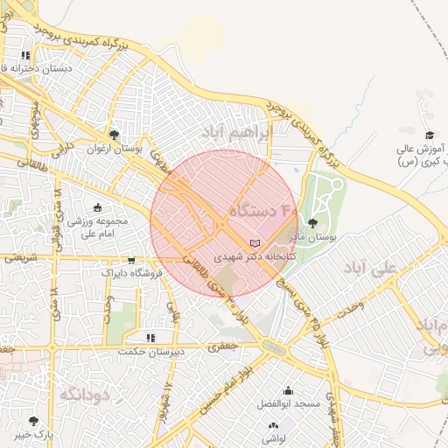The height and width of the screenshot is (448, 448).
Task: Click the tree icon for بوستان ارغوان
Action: (x=114, y=134)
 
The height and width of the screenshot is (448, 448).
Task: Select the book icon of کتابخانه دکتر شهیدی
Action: (x=255, y=243)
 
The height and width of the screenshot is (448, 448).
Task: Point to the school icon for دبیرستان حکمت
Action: (x=150, y=337)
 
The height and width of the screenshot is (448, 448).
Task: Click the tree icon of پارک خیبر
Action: (x=34, y=421)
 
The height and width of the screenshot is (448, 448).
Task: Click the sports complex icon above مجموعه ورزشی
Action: (x=96, y=208)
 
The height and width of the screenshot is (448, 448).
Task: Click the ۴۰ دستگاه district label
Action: (x=263, y=211)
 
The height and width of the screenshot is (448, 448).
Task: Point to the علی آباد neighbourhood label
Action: (x=370, y=265)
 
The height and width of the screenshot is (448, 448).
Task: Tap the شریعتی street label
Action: (x=19, y=258)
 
